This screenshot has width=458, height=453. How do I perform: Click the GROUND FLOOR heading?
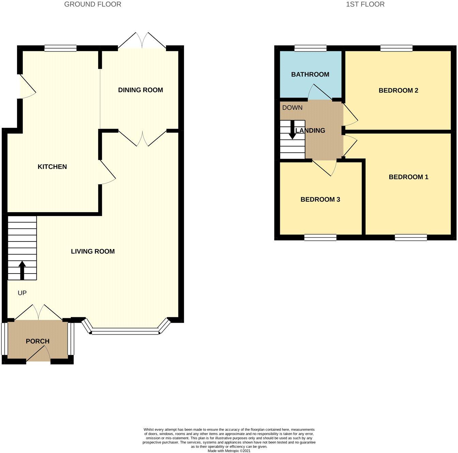coord(93,4)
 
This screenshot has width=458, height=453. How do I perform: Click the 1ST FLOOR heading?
coord(365,4)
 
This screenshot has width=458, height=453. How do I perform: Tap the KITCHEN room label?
coord(52,167)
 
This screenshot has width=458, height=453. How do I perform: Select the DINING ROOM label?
coord(140,90)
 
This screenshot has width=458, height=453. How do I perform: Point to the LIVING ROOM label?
coord(93,251)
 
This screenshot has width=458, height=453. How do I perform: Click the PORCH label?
coord(37,341)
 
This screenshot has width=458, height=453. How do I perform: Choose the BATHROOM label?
coord(310,74)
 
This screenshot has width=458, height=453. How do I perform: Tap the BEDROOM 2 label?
coord(398,90)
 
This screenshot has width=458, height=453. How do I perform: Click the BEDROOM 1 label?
coord(408,177)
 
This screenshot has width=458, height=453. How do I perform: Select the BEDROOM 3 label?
coord(320,200)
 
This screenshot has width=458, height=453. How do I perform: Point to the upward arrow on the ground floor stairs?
coord(22,270)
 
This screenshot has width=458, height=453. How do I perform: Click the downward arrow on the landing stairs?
coord(292,130)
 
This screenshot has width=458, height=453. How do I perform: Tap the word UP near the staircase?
coord(22,293)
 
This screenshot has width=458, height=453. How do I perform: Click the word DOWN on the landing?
coord(292,108)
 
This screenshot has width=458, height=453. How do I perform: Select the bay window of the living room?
coord(126,331)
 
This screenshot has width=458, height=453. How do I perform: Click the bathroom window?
coord(310,48)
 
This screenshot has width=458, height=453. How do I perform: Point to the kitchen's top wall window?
coord(60,48)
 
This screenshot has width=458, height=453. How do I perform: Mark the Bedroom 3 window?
coord(320,237)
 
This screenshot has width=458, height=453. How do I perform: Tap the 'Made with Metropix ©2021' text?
coord(229,451)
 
